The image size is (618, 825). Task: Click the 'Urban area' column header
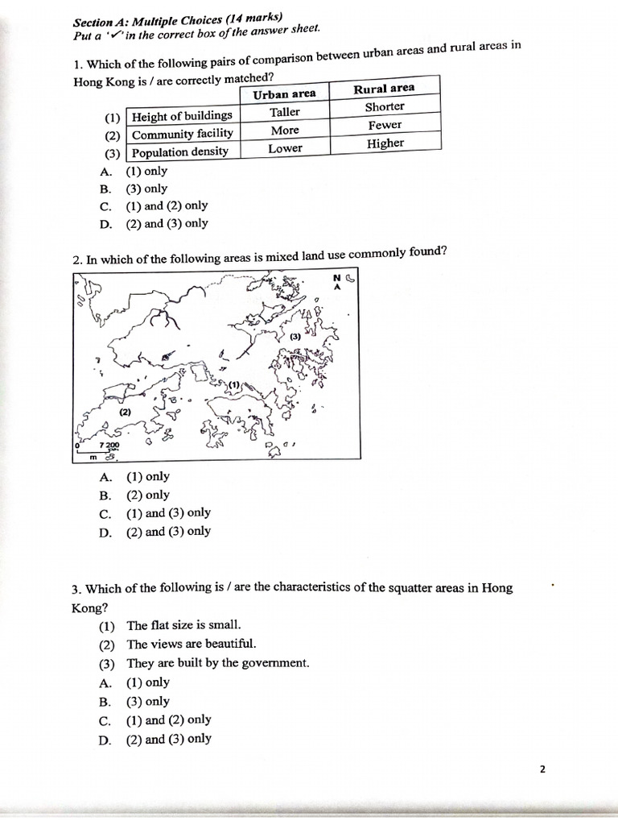point(284,94)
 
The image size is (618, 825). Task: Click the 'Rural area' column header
point(384,89)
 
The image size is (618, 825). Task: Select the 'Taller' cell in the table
point(284,112)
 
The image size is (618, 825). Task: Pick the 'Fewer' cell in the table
point(385,125)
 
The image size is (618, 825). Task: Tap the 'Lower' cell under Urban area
point(285,148)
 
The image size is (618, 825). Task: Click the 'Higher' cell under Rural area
point(385,143)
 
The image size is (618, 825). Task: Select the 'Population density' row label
point(180,151)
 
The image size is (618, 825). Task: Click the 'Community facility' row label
point(183,134)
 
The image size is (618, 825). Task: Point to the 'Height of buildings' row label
point(182,116)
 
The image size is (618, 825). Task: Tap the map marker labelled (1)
point(234,385)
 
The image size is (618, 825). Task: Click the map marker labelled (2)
point(125,412)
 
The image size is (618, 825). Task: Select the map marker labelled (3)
point(295,336)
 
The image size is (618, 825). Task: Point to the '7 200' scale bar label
point(109,446)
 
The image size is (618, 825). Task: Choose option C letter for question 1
point(105,206)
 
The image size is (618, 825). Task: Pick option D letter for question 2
point(105,532)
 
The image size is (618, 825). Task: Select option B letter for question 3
point(105,702)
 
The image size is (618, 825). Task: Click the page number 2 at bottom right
point(542,769)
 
